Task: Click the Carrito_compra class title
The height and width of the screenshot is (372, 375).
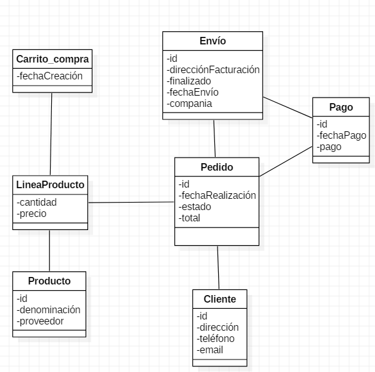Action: (x=52, y=59)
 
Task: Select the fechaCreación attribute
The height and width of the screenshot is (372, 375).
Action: (x=50, y=76)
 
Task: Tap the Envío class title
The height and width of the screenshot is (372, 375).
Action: (x=213, y=41)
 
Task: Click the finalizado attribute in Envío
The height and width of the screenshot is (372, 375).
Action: (x=189, y=81)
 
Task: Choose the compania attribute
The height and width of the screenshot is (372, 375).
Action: (x=190, y=103)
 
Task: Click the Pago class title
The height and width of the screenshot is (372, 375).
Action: (x=341, y=107)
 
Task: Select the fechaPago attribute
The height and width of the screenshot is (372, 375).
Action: (x=341, y=135)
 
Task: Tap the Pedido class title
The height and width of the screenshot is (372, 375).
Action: (x=217, y=168)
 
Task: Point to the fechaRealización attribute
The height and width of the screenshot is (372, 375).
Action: (x=217, y=195)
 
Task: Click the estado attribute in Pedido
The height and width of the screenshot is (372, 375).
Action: (x=195, y=206)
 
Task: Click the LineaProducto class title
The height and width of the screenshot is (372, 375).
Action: (x=50, y=184)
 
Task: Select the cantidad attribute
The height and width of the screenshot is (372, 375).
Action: (x=37, y=202)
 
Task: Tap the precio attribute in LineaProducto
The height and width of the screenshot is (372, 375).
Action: (x=32, y=213)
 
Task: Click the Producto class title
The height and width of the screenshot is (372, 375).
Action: (x=49, y=281)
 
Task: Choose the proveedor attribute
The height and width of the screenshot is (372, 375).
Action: (x=41, y=321)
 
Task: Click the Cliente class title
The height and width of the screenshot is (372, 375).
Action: (x=220, y=299)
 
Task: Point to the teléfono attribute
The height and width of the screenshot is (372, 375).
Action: (x=216, y=338)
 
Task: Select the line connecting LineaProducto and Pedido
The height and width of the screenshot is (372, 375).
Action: (x=131, y=202)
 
